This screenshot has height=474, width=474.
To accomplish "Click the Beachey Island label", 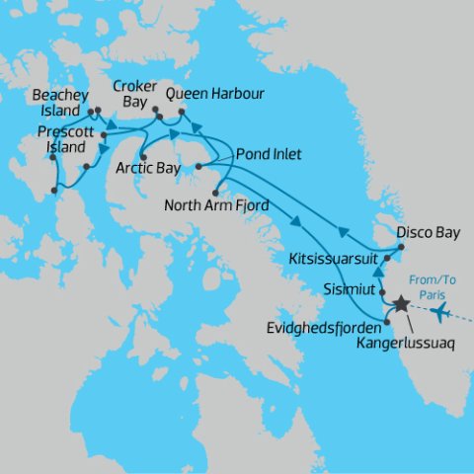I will pos(62,102).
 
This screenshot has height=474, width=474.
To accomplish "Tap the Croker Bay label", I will pos(133,93).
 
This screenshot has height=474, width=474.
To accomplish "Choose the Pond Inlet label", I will pos(269,155).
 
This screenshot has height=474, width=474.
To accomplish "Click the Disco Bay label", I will pos(422,235).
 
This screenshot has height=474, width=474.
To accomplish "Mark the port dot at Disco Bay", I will pos(401,245).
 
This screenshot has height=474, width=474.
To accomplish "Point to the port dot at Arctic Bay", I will pos(144,157).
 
